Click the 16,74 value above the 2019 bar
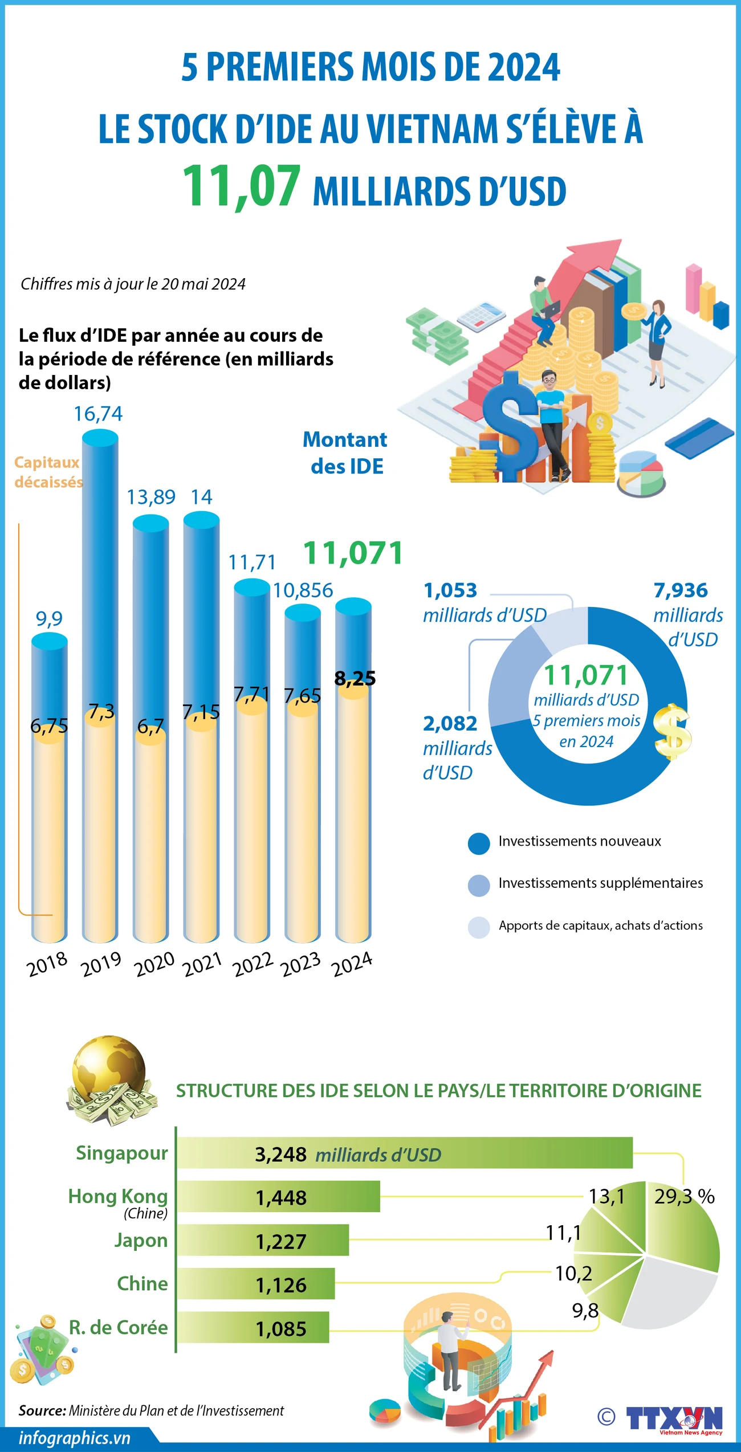click(x=98, y=414)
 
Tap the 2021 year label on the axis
click(x=202, y=964)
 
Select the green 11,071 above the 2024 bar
click(x=353, y=553)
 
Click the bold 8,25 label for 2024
click(x=355, y=678)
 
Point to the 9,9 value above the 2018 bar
click(x=49, y=618)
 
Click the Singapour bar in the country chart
click(x=404, y=1152)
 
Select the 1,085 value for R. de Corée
click(x=281, y=1329)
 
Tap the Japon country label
click(x=141, y=1240)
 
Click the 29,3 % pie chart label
click(x=684, y=1196)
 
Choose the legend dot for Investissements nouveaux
click(x=479, y=843)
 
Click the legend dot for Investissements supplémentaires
click(x=479, y=885)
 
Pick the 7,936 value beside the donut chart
click(x=681, y=590)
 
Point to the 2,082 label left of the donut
click(x=450, y=723)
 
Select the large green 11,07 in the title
click(x=241, y=186)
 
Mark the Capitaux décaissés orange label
click(x=48, y=472)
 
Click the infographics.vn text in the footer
click(x=75, y=1438)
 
